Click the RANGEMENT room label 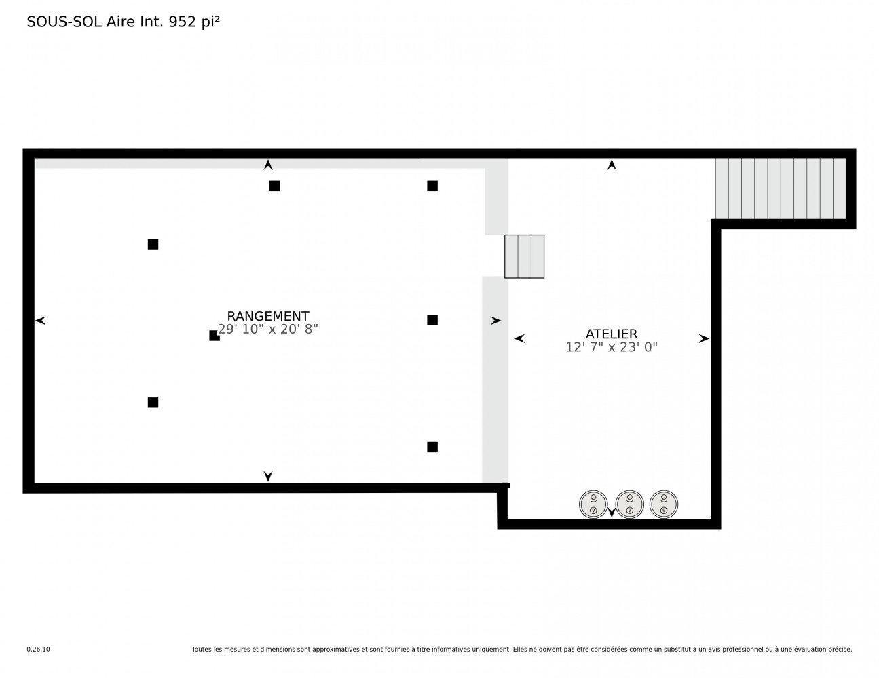click(267, 316)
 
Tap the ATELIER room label click(611, 334)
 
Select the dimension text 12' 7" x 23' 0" click(611, 347)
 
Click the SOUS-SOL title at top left click(64, 22)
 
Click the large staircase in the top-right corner click(781, 188)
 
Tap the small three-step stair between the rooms click(524, 256)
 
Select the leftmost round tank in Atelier click(593, 504)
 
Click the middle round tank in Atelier click(629, 504)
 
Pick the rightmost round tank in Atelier click(664, 504)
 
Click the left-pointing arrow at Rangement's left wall click(41, 320)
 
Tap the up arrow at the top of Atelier click(612, 165)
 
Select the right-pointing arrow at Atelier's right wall click(704, 338)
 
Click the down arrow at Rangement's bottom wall click(268, 476)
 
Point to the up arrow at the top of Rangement click(268, 165)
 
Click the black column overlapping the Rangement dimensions click(214, 336)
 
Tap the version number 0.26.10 click(38, 650)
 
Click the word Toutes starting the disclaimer click(202, 650)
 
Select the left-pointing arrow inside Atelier click(519, 338)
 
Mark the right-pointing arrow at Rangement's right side click(495, 320)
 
